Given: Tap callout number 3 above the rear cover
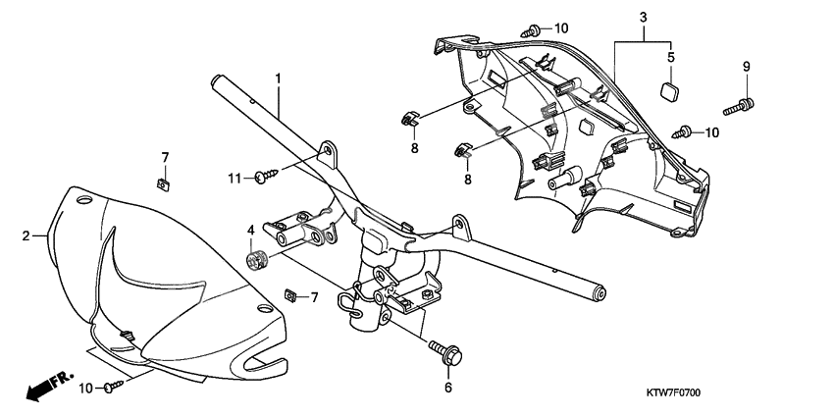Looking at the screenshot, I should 643,18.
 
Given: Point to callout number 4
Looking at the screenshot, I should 250,232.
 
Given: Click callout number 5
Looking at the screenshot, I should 671,57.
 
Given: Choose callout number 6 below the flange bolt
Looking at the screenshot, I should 448,388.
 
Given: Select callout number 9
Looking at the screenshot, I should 745,66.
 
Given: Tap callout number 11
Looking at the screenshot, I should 234,177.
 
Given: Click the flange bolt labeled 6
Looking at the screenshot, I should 446,354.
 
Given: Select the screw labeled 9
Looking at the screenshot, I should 741,101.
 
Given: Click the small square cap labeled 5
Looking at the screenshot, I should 671,92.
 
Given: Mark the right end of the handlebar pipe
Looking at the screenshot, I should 598,292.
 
